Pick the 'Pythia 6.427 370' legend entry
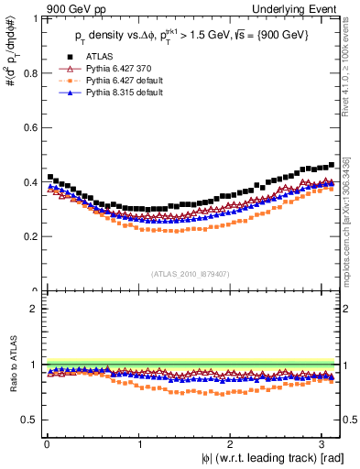pos(117,68)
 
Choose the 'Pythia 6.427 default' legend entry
pos(124,81)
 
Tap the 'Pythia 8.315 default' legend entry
pos(124,93)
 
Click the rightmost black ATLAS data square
pos(332,165)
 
